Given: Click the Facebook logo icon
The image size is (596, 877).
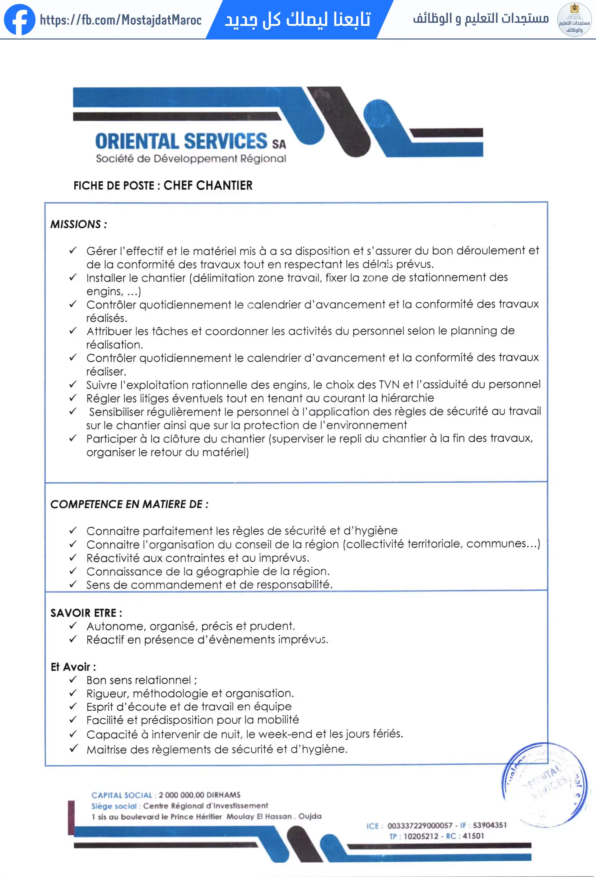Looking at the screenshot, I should click(x=19, y=19).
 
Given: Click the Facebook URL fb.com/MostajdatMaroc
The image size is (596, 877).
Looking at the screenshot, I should click(x=121, y=20).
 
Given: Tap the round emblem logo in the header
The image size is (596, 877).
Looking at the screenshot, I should click(x=574, y=19).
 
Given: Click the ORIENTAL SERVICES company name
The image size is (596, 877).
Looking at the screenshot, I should click(x=181, y=141).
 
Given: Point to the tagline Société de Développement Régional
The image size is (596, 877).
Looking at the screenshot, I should click(x=191, y=158).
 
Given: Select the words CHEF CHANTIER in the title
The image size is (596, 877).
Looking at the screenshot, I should click(x=208, y=185).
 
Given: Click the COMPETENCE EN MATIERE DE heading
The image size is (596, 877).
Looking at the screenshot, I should click(x=129, y=504).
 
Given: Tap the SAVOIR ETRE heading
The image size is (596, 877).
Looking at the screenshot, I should click(x=86, y=613).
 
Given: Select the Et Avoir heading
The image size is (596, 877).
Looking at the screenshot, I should click(x=73, y=667).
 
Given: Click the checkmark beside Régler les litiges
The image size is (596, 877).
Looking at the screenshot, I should click(x=73, y=398).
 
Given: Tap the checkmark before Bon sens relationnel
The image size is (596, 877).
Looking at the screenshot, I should click(x=73, y=679).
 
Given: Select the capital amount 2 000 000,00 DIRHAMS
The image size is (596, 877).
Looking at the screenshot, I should click(x=199, y=795).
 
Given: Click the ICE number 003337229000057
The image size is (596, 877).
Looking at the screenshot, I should click(x=419, y=826).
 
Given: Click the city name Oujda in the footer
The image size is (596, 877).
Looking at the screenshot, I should click(x=310, y=816).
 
